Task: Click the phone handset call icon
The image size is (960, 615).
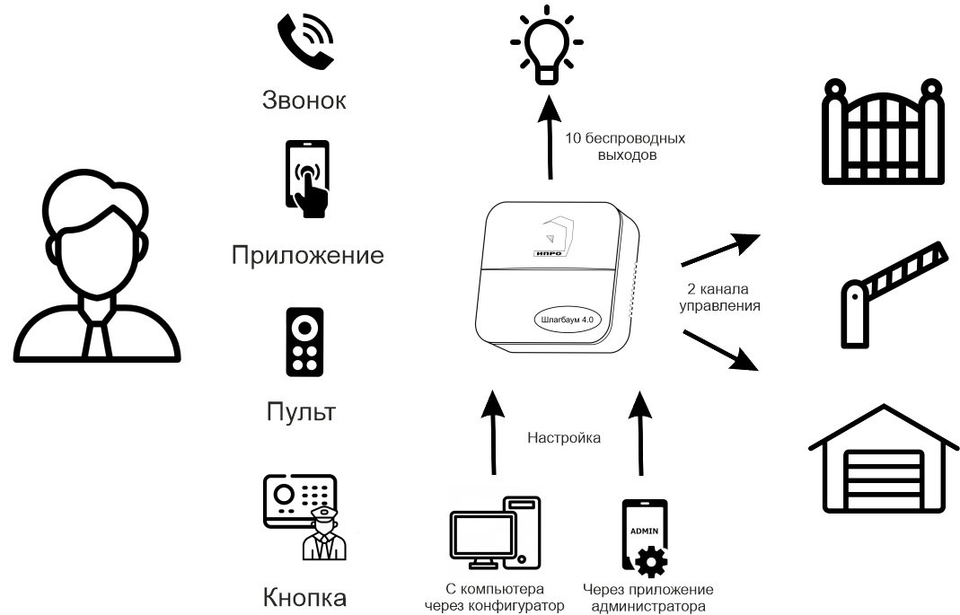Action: (x=304, y=41)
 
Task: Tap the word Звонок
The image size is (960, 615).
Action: (x=304, y=99)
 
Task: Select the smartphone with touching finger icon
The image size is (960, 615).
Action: (x=306, y=179)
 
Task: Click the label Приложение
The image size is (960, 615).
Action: (x=307, y=256)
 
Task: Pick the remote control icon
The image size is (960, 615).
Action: (x=304, y=342)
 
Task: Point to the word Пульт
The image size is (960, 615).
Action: (x=301, y=413)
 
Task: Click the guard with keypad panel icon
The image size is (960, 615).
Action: (x=301, y=517)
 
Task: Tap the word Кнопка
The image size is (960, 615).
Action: (x=304, y=597)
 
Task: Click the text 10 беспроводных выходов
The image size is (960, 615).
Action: (x=625, y=147)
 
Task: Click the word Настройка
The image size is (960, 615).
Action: (x=564, y=438)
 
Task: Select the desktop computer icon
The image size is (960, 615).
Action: (x=495, y=537)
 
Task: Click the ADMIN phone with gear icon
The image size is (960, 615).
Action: (x=645, y=537)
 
